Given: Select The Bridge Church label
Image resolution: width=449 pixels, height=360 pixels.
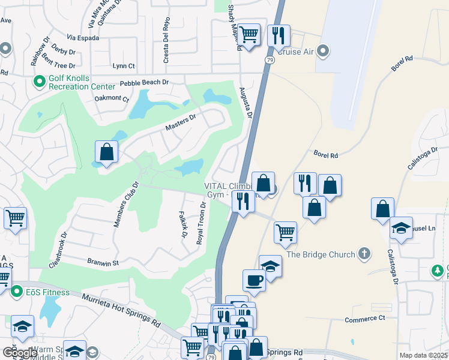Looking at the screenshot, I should point(321,254).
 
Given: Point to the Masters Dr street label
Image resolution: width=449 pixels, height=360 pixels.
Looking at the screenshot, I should point(181,124).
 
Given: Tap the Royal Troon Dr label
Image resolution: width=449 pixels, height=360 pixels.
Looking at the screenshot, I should point(202,223).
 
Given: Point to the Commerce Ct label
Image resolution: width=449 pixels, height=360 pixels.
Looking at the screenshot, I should point(364,318).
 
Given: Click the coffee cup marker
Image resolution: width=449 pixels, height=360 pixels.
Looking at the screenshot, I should point(254,280).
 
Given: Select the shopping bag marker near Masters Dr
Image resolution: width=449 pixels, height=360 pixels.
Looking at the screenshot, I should point(106,152).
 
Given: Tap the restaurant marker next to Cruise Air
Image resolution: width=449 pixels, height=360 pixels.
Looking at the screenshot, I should point(279,36).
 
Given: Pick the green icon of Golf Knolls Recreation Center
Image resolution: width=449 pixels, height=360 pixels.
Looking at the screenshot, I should point(40,79).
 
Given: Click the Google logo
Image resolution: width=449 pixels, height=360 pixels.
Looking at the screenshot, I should point(20,353).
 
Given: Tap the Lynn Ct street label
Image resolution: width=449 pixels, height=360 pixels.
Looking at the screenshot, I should point(124,66).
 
